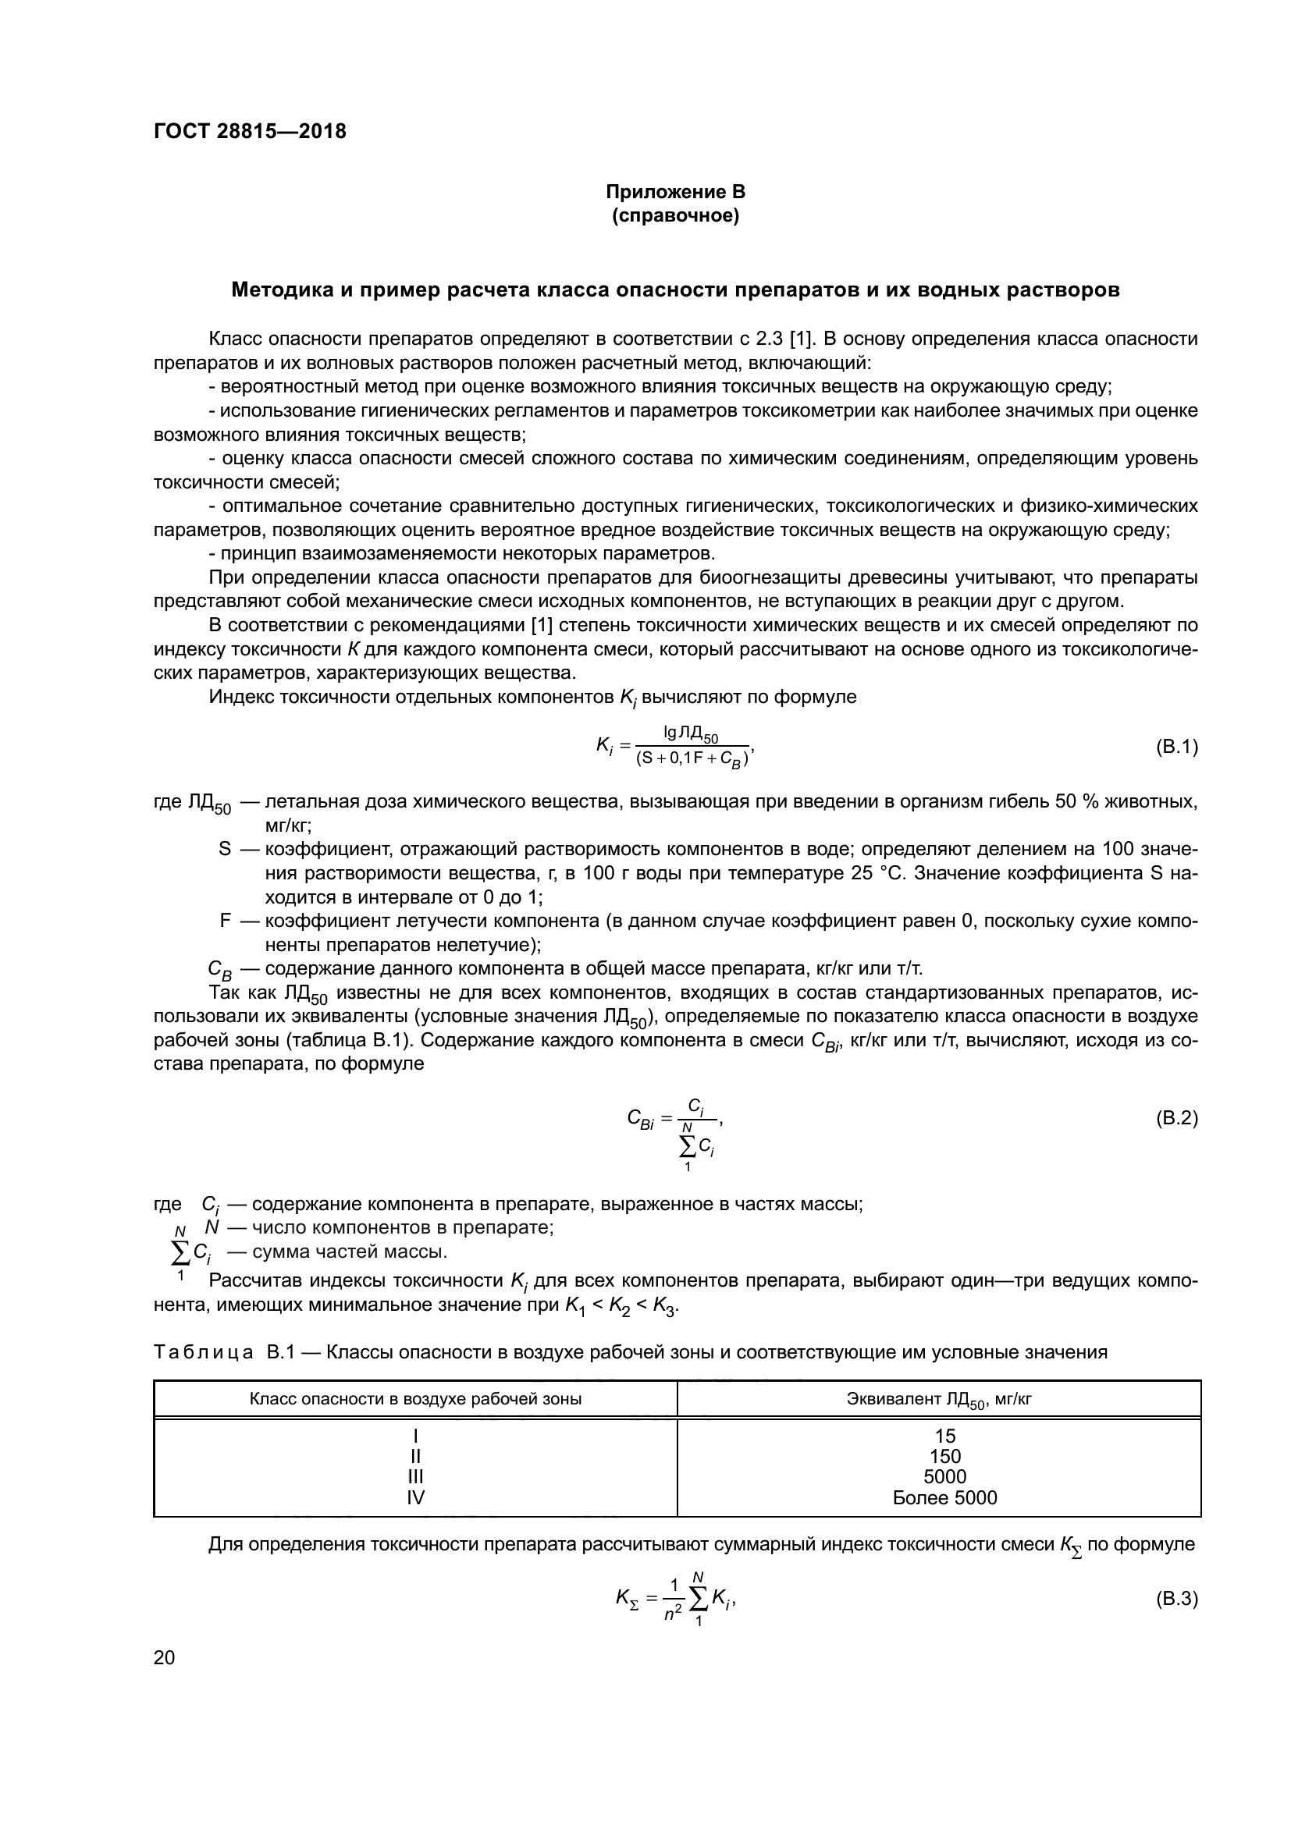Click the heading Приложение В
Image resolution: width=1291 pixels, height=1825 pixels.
click(675, 192)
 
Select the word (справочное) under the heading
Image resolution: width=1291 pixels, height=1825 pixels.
click(675, 215)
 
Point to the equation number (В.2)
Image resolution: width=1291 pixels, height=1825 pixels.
click(1175, 1118)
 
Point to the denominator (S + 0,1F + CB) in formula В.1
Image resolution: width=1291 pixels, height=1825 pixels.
click(692, 760)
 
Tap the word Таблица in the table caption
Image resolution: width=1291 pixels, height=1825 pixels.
click(204, 1351)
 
